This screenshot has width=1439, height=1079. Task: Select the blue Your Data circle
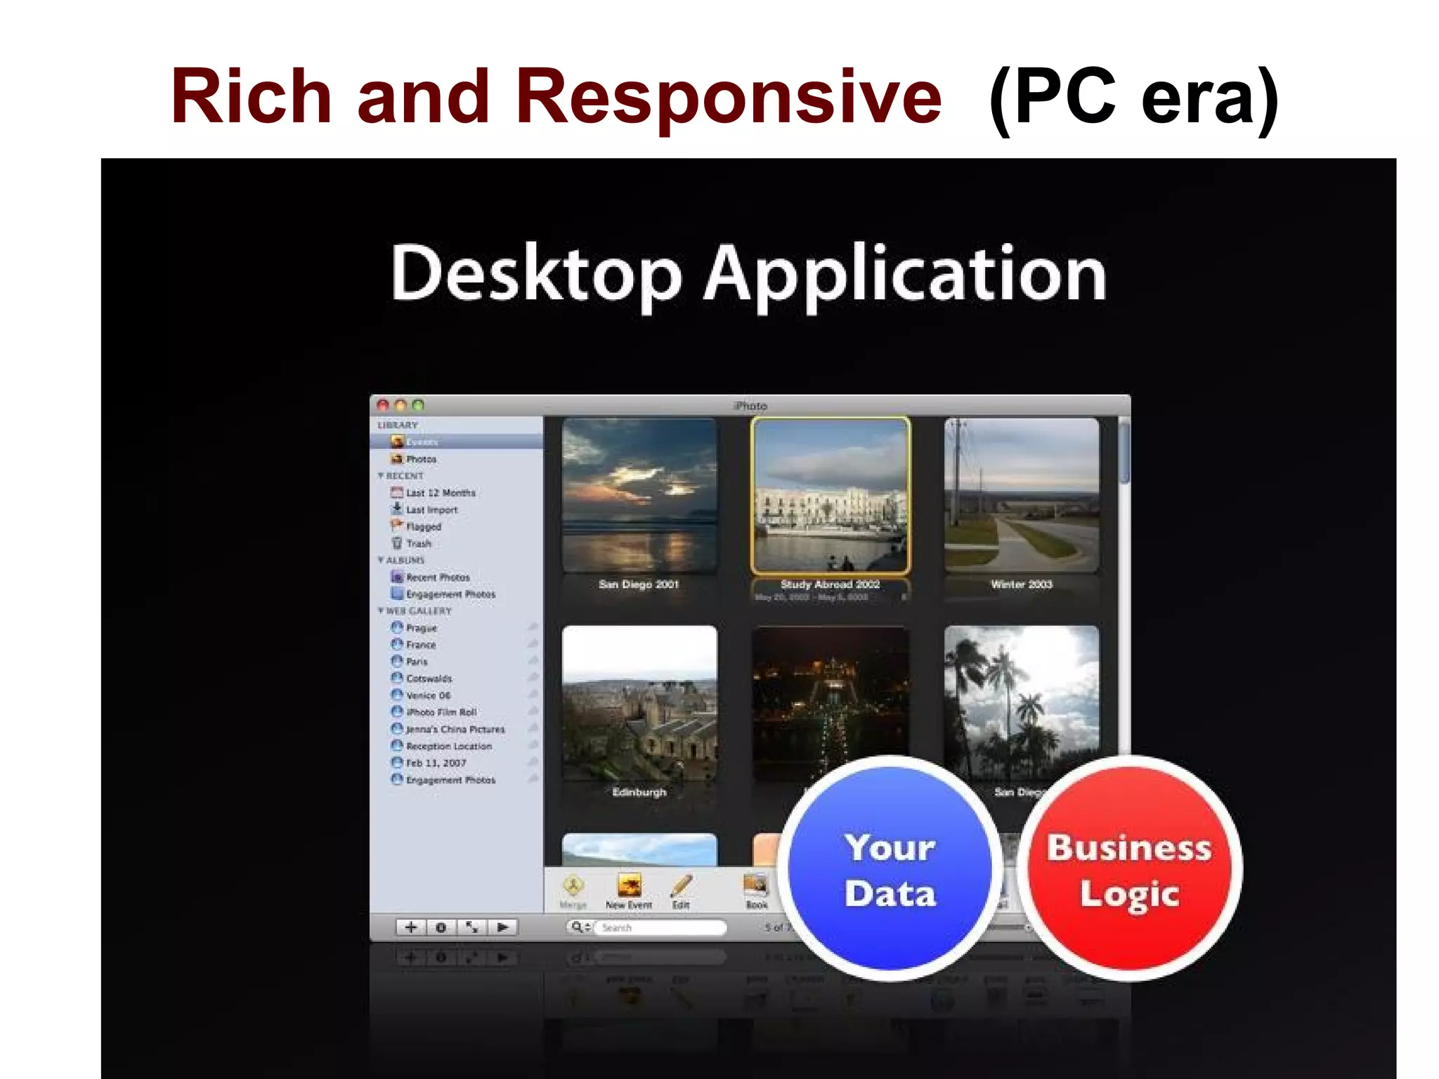890,870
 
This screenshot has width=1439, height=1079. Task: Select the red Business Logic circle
1129,870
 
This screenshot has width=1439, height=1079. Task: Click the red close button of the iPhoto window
383,405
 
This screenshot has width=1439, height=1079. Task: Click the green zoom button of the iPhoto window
418,405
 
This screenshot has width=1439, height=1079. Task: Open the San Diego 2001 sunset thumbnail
639,495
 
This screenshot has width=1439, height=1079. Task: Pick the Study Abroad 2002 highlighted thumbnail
830,495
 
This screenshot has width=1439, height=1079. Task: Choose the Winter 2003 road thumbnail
1021,495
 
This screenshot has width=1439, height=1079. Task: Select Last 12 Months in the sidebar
440,493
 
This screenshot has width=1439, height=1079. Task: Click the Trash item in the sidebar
418,544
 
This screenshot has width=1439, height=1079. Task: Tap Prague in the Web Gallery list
421,628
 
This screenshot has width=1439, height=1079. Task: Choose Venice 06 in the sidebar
428,695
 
